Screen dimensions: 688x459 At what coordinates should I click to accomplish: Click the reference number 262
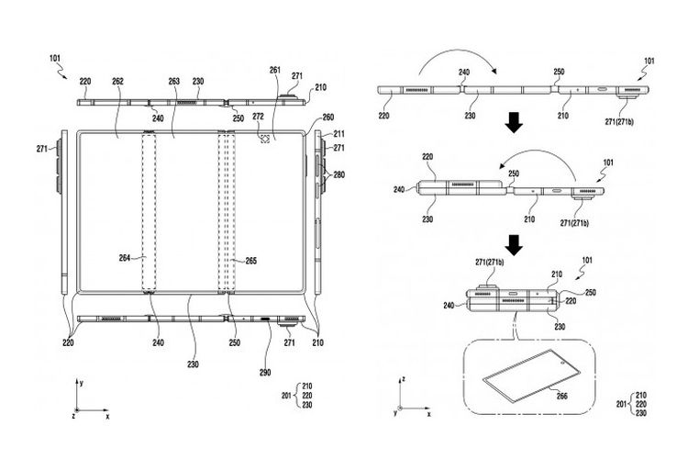coord(117,82)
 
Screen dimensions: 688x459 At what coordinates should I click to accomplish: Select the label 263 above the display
coord(174,82)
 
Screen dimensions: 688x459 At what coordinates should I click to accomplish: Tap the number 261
coord(275,70)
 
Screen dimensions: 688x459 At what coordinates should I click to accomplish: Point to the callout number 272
coord(259,117)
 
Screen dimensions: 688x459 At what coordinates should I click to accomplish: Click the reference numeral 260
coord(327,118)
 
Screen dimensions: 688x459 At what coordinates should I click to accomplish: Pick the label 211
coord(339,134)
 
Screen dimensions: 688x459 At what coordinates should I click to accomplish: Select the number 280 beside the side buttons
coord(339,174)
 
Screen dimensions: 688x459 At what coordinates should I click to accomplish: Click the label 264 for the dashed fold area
coord(125,258)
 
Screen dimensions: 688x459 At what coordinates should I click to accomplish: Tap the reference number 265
coord(250,261)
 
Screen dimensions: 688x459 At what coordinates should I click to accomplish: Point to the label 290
coord(265,373)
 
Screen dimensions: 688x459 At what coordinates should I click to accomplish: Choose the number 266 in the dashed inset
coord(561,397)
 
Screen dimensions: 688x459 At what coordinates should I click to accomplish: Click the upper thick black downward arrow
coord(514,122)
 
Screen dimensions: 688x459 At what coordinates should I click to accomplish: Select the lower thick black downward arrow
coord(514,245)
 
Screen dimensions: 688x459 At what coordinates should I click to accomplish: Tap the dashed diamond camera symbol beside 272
coord(264,139)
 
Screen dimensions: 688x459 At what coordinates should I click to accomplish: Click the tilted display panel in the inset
coord(531,375)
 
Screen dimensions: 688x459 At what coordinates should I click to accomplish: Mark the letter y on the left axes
coord(82,383)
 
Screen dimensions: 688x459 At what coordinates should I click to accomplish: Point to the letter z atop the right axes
coord(404,378)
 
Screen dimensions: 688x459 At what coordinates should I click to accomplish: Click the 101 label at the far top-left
coord(55,58)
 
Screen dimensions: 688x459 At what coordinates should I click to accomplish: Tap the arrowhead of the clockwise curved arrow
coord(494,72)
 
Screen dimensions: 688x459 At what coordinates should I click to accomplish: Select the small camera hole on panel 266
coord(562,364)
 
